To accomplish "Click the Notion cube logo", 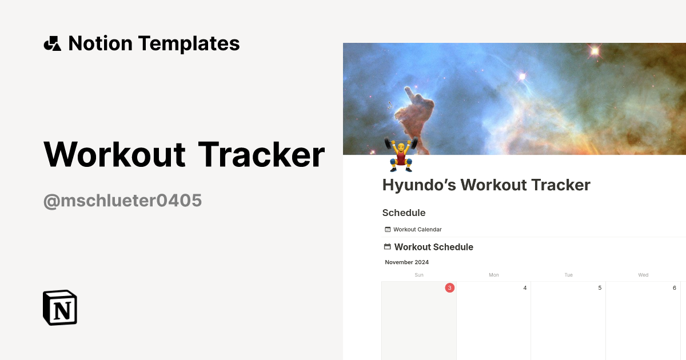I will tap(60, 308).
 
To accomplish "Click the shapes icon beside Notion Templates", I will tap(52, 43).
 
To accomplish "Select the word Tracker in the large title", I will tap(261, 154).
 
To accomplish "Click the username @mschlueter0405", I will tap(122, 201).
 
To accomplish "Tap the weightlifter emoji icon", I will tap(401, 154).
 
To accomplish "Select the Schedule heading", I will tap(404, 213).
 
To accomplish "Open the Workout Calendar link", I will tap(417, 230).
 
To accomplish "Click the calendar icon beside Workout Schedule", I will tap(387, 247).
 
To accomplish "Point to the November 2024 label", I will tap(406, 262).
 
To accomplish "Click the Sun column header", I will tap(419, 275).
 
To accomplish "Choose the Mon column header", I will tap(493, 275).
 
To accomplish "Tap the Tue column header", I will tap(568, 275).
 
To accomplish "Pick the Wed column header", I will tap(643, 275).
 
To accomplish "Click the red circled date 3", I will tap(449, 288).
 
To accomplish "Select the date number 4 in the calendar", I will tap(525, 288).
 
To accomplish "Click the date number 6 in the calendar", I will tap(675, 288).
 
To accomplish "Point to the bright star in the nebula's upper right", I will tap(595, 51).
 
